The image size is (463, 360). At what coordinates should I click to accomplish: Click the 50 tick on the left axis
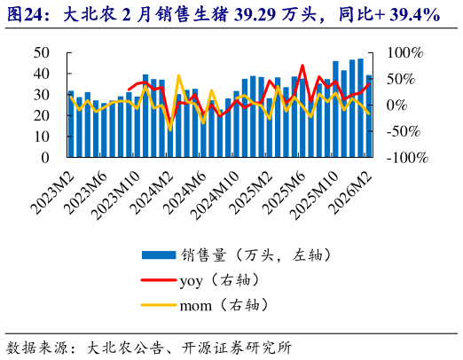click(41, 53)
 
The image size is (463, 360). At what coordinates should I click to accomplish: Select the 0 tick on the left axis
click(45, 158)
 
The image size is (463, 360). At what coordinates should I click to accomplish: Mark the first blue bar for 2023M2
click(71, 124)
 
